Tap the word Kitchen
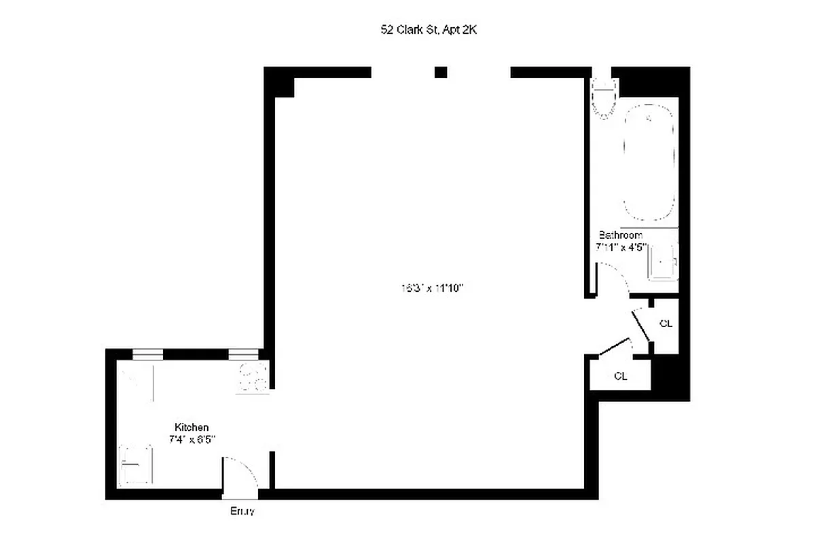point(192,427)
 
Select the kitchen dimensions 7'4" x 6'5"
point(192,439)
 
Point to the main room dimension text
point(431,288)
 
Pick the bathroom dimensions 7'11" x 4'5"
point(621,248)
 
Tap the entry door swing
point(239,471)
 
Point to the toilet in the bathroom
point(603,98)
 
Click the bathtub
point(650,163)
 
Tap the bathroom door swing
point(612,278)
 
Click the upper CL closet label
point(666,324)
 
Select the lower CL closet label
point(620,376)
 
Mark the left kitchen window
point(147,354)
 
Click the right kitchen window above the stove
point(243,354)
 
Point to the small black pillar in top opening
point(441,72)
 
